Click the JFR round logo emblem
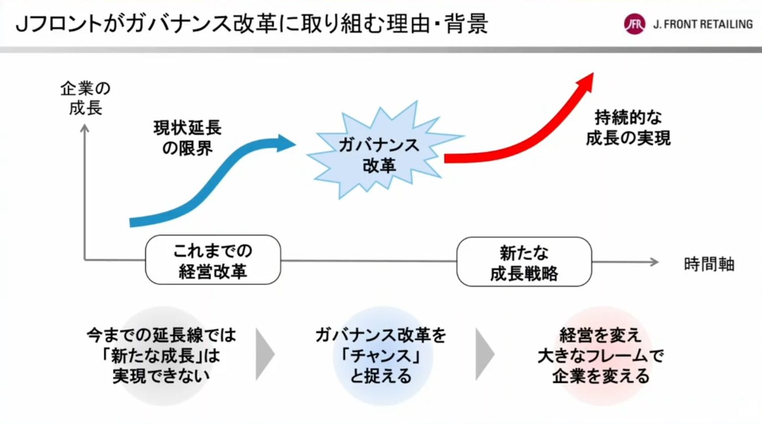point(635,24)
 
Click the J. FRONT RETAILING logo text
point(703,24)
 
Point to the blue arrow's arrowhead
point(286,143)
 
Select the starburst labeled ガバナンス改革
point(385,150)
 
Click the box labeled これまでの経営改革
point(213,260)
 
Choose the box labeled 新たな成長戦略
point(524,262)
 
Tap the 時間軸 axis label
point(709,264)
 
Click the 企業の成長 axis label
point(86,98)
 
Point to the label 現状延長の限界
point(187,138)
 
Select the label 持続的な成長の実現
point(628,128)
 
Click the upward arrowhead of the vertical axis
point(84,128)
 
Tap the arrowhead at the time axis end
point(654,262)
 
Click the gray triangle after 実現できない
point(265,354)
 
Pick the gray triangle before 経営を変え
point(485,354)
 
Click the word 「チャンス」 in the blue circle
point(381,356)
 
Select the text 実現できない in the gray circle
point(161,376)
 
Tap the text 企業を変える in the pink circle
point(600,376)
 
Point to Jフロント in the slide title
point(59,24)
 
